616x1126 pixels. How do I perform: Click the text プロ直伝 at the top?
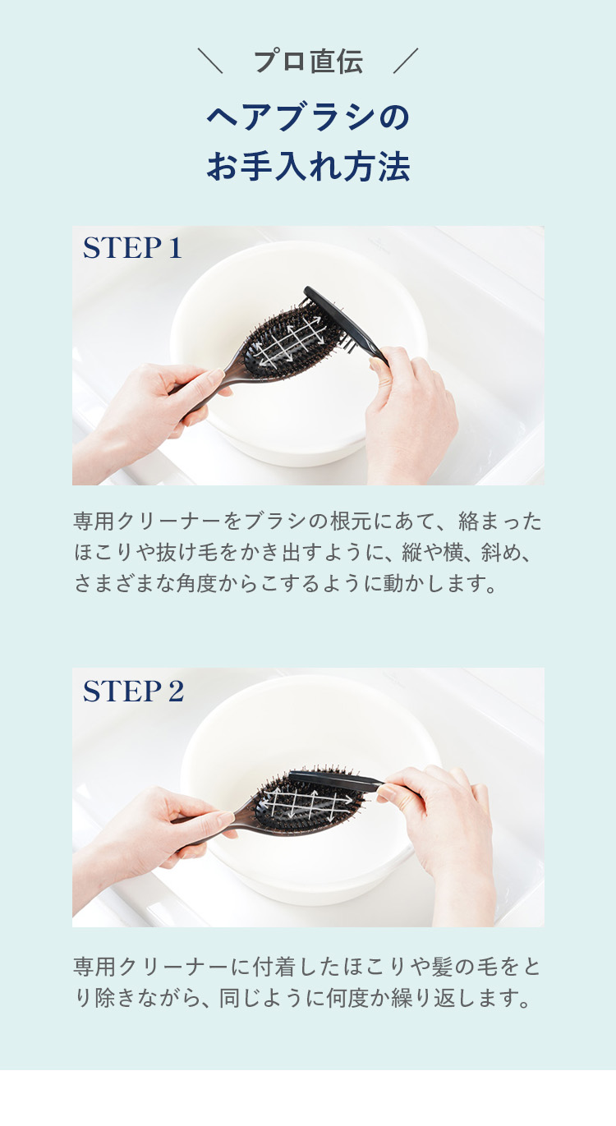[308, 62]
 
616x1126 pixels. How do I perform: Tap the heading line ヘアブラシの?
[308, 117]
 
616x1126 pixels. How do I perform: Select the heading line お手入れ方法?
[308, 167]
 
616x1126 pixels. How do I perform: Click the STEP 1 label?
[132, 248]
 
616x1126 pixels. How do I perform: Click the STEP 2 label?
[133, 691]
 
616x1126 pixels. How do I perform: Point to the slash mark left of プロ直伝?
[210, 62]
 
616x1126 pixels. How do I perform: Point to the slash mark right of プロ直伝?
[406, 62]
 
